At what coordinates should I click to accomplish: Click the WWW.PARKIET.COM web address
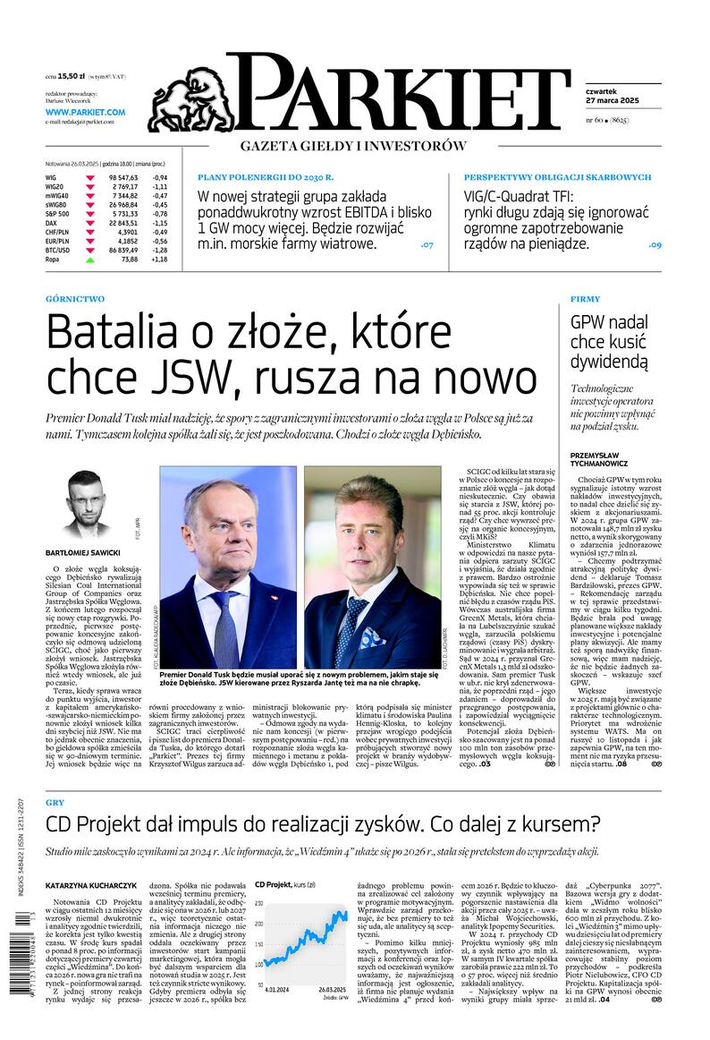[86, 112]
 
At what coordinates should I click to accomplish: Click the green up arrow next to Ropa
[89, 260]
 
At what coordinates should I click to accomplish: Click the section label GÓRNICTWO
[74, 299]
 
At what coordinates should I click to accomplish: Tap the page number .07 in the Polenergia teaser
[427, 244]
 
